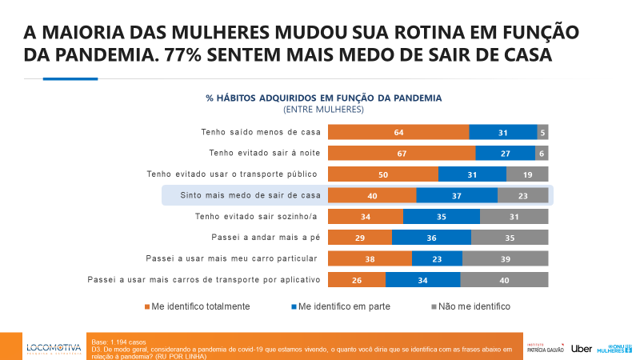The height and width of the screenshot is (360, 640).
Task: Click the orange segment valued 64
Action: pos(398,132)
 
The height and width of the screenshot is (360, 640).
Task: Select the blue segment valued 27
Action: pos(505,153)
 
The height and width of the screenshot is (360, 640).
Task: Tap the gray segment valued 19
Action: pos(527,174)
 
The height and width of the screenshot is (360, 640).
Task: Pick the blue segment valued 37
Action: pos(457,195)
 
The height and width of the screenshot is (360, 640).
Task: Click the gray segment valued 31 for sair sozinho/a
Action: pos(514,216)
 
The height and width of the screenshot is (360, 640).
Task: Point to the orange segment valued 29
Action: pos(360,238)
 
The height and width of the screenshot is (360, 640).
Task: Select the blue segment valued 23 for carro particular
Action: pos(437,258)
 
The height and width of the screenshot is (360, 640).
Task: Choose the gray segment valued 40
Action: pos(504,279)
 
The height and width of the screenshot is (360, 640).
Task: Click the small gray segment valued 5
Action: pos(542,132)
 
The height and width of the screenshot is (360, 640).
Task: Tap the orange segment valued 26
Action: pos(357,279)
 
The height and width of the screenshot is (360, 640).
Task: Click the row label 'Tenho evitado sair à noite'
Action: pos(264,153)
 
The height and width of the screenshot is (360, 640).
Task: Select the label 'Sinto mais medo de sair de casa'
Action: pos(250,195)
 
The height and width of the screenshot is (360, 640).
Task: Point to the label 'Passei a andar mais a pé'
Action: pos(266,238)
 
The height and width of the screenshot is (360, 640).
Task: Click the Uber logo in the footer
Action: pos(582,347)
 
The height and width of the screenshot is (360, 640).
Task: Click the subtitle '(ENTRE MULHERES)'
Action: pos(323,109)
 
